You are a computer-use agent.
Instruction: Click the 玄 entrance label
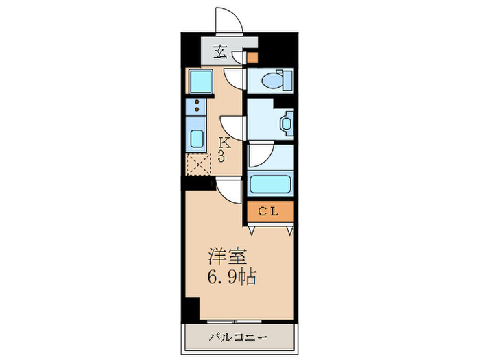pos(221,51)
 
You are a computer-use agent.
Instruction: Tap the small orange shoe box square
pos(252,58)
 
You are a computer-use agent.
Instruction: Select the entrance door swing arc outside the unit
pos(228,19)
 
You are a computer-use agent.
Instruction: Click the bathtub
pos(271,184)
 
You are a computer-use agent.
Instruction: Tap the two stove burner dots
pos(197,106)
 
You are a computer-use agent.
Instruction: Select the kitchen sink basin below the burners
pos(196,138)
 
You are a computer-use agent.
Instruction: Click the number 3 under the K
pos(223,156)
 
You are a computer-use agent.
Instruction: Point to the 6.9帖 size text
pos(232,278)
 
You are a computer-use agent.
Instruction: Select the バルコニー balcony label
pos(239,337)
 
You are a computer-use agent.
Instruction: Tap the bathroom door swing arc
pos(260,156)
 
